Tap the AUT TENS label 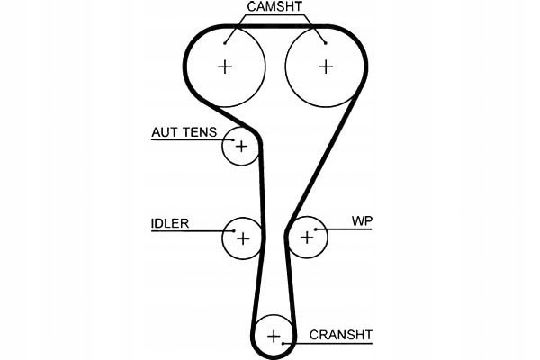coord(184,131)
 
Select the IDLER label coord(170,222)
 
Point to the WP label coord(362,220)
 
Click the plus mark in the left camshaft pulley coord(225,66)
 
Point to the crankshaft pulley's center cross coord(274,337)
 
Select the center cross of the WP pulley coord(308,238)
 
